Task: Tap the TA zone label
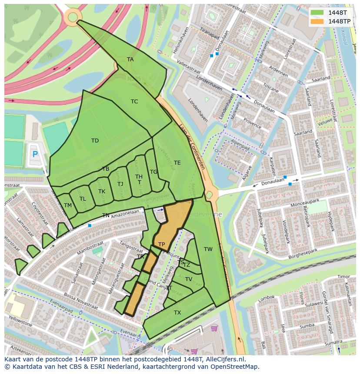[x=130, y=60]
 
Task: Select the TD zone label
[x=95, y=141]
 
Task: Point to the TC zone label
[x=134, y=102]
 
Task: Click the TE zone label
[x=177, y=163]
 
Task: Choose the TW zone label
[x=208, y=249]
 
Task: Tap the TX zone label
[x=177, y=313]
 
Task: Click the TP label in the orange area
[x=161, y=245]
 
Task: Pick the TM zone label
[x=68, y=205]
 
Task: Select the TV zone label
[x=189, y=279]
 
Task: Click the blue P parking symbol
[x=35, y=154]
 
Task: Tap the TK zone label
[x=102, y=192]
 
